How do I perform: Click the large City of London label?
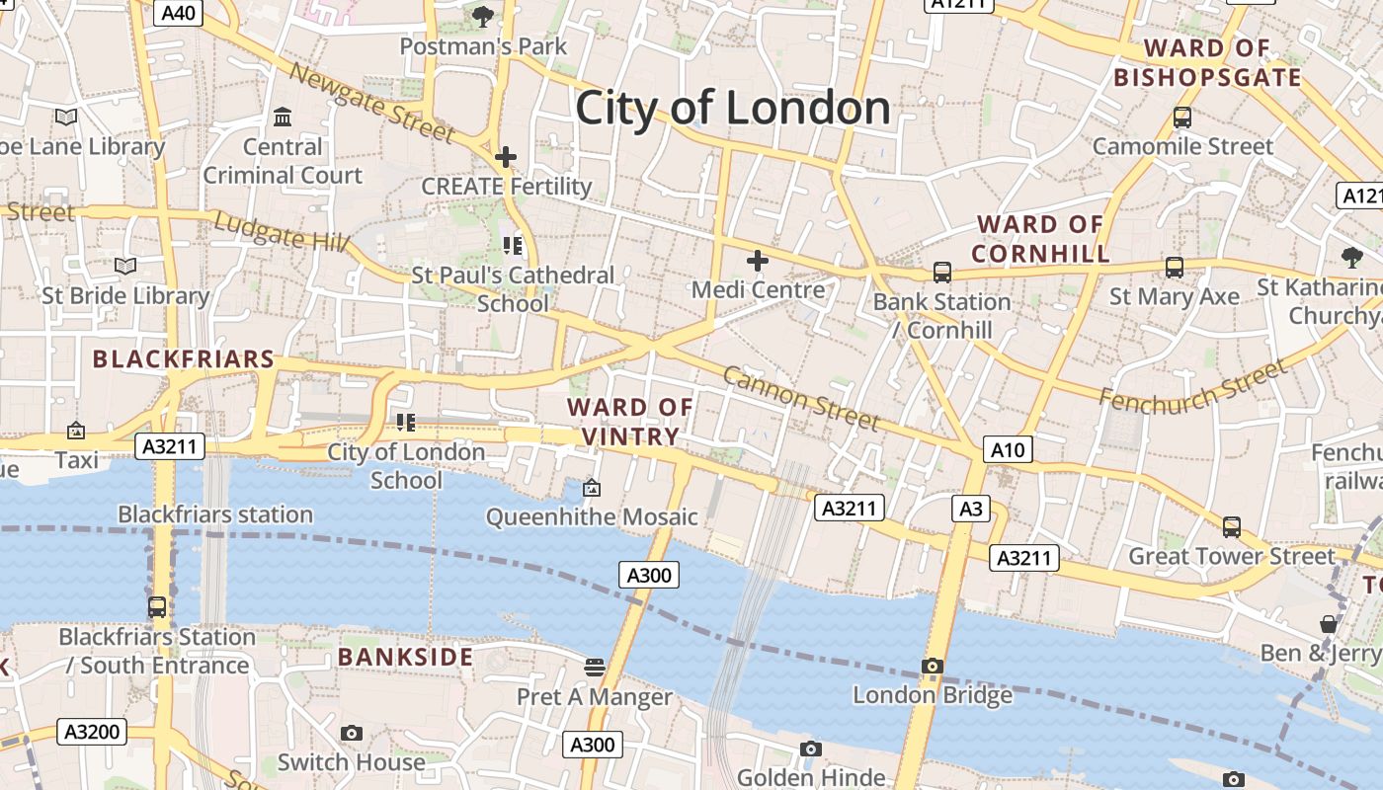[x=732, y=108]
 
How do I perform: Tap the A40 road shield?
[x=178, y=13]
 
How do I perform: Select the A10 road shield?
[x=1008, y=450]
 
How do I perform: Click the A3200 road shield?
[x=92, y=732]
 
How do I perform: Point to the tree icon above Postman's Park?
[x=482, y=16]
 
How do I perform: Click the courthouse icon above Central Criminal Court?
[x=283, y=118]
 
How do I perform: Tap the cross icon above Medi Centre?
[x=758, y=261]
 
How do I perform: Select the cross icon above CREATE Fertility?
[x=506, y=157]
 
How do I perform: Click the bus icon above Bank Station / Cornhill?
[x=941, y=273]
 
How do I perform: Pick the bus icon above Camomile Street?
[x=1181, y=118]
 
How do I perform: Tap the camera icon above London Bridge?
[x=932, y=667]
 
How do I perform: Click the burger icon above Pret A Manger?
[x=594, y=668]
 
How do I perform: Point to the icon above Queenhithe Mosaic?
[x=591, y=488]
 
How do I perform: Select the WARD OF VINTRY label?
[x=630, y=422]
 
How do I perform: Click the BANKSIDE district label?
[x=405, y=657]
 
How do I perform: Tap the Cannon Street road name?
[x=800, y=397]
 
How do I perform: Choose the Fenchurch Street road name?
[x=1193, y=385]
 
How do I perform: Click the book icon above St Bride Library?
[x=124, y=267]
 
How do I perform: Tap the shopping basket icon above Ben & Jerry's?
[x=1329, y=624]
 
